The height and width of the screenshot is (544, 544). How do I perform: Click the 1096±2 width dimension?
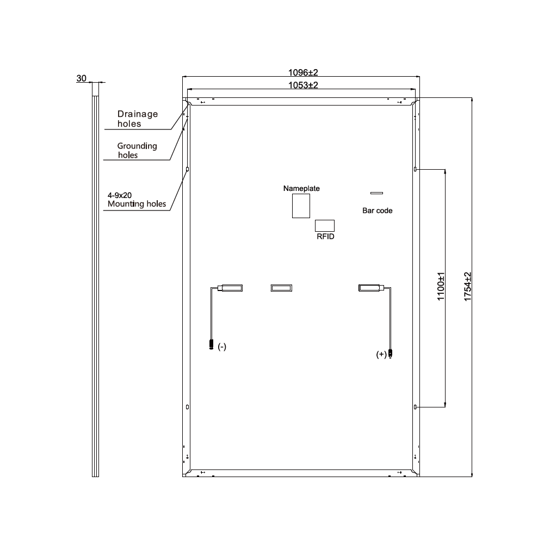pos(302,72)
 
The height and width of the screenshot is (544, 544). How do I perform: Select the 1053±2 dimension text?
pos(302,85)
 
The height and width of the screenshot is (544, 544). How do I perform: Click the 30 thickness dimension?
pos(81,79)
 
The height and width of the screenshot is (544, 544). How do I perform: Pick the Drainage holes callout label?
pos(138,119)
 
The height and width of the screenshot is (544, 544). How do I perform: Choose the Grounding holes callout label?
pos(137,150)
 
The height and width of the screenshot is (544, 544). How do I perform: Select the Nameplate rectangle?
pos(301,206)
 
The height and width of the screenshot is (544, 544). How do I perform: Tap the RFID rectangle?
pos(325,226)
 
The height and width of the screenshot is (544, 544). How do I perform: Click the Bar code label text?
pos(378,211)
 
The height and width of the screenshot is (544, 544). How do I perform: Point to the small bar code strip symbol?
pos(376,193)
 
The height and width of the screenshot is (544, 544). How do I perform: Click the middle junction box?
pos(282,288)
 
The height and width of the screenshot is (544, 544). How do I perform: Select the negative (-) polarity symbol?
pos(221,347)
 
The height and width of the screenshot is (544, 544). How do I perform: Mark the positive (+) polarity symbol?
pos(381,354)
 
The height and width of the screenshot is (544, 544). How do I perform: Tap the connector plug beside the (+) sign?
pos(391,354)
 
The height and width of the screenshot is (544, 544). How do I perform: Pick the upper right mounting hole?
pos(416,169)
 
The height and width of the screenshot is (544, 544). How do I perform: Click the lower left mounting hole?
pos(188,407)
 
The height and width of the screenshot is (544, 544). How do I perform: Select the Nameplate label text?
pos(301,189)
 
